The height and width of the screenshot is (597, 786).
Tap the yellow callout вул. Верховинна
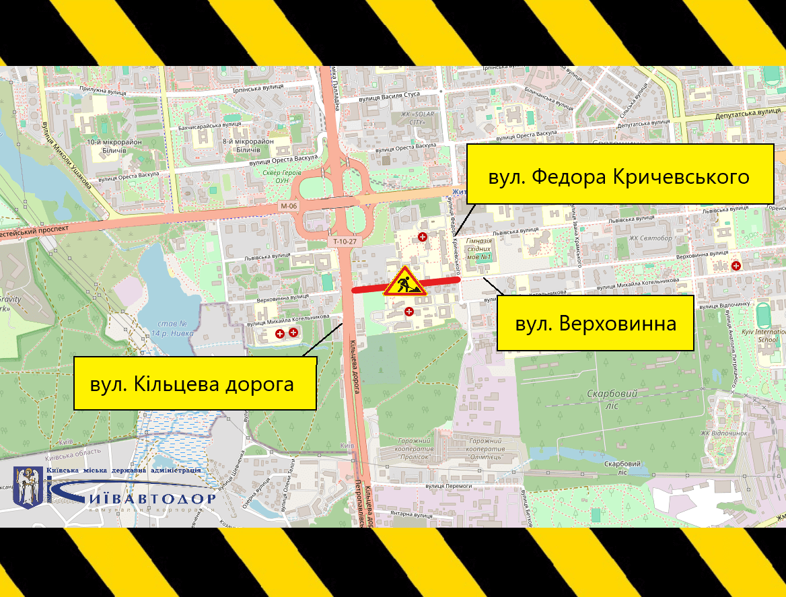click(x=595, y=323)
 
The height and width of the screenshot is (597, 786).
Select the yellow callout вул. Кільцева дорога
click(x=194, y=384)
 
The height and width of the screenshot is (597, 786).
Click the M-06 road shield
click(x=289, y=206)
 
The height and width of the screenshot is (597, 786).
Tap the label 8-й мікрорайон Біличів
click(x=248, y=145)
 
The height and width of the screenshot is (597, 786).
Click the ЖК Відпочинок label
click(x=724, y=433)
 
